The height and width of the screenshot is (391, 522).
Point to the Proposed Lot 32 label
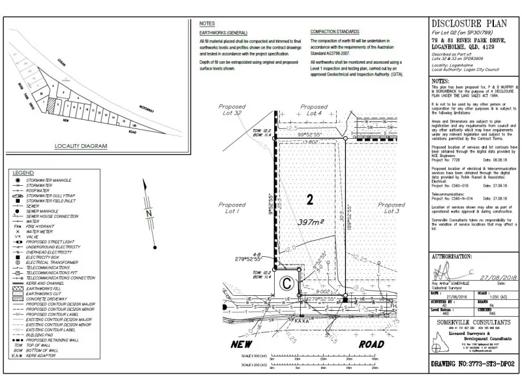(232, 110)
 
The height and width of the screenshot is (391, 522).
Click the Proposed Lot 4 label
(314, 110)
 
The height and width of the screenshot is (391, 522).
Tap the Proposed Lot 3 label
(391, 208)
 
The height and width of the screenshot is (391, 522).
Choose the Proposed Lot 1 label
(234, 208)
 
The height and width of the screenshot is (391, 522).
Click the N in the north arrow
(149, 213)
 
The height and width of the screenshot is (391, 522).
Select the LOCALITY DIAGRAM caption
(80, 146)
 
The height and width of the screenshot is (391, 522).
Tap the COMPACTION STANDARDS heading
(335, 31)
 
